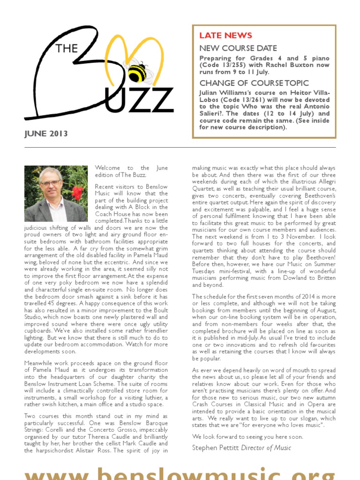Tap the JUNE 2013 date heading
click(x=46, y=134)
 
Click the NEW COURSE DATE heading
click(x=238, y=48)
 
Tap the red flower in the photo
click(x=77, y=192)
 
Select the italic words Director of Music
click(x=266, y=448)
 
